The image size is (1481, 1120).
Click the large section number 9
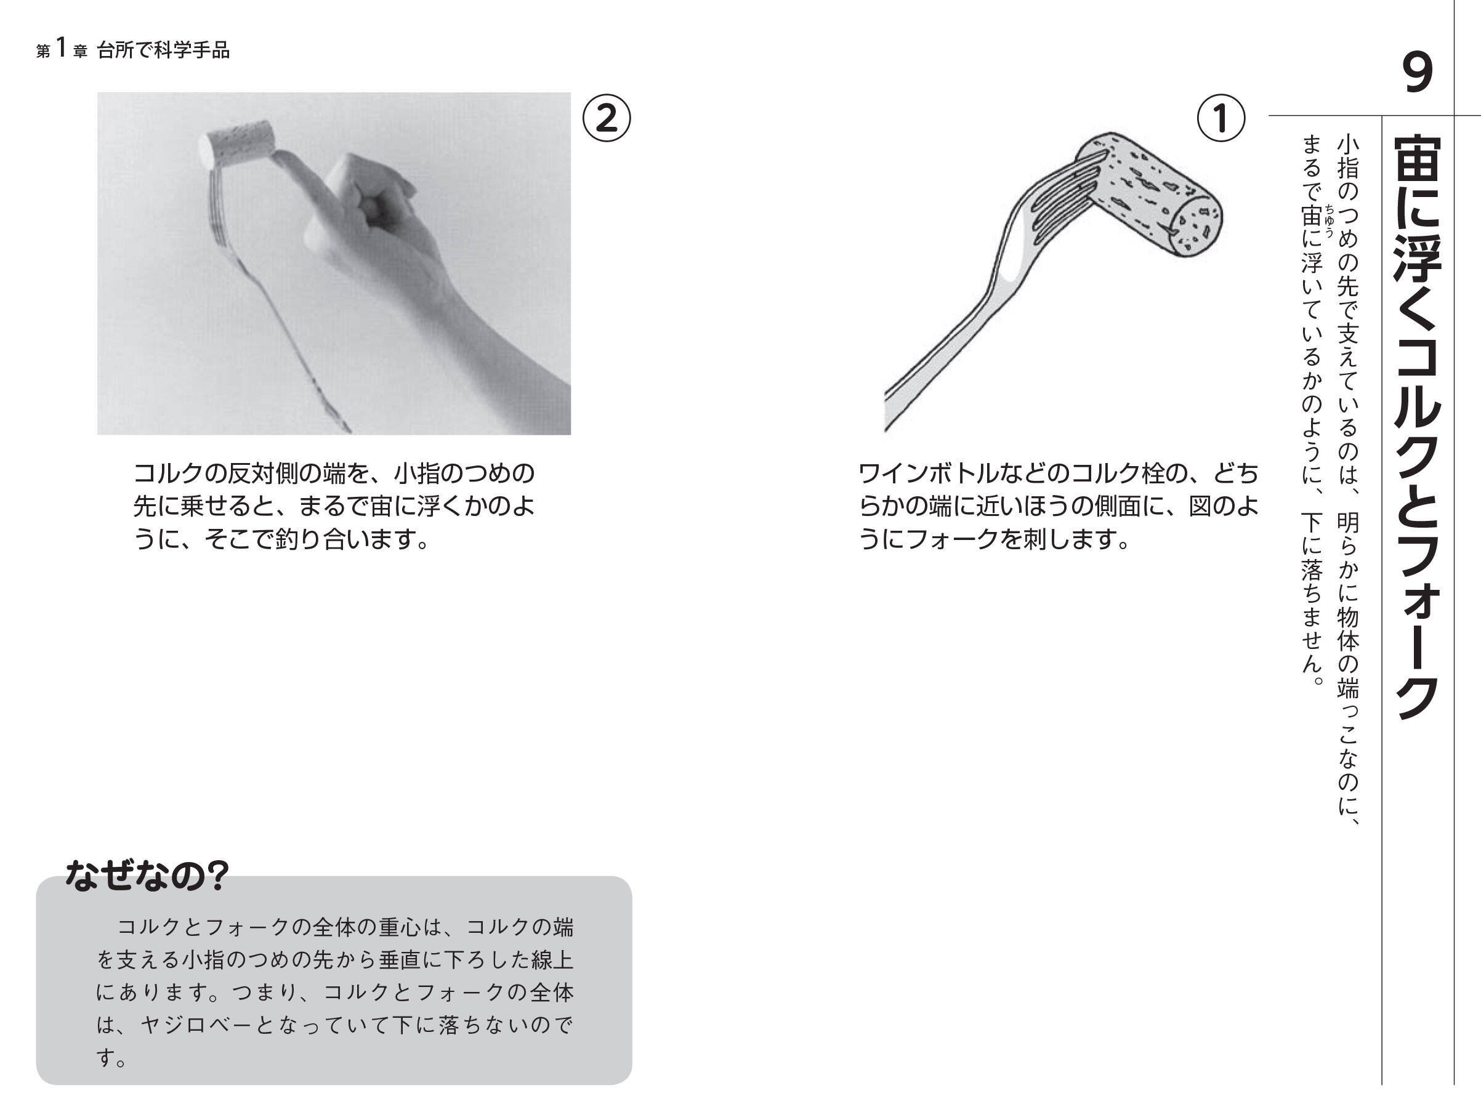1417,74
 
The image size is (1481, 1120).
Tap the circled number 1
1221,118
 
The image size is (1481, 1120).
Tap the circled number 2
606,118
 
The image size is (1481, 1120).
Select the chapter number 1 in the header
62,48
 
